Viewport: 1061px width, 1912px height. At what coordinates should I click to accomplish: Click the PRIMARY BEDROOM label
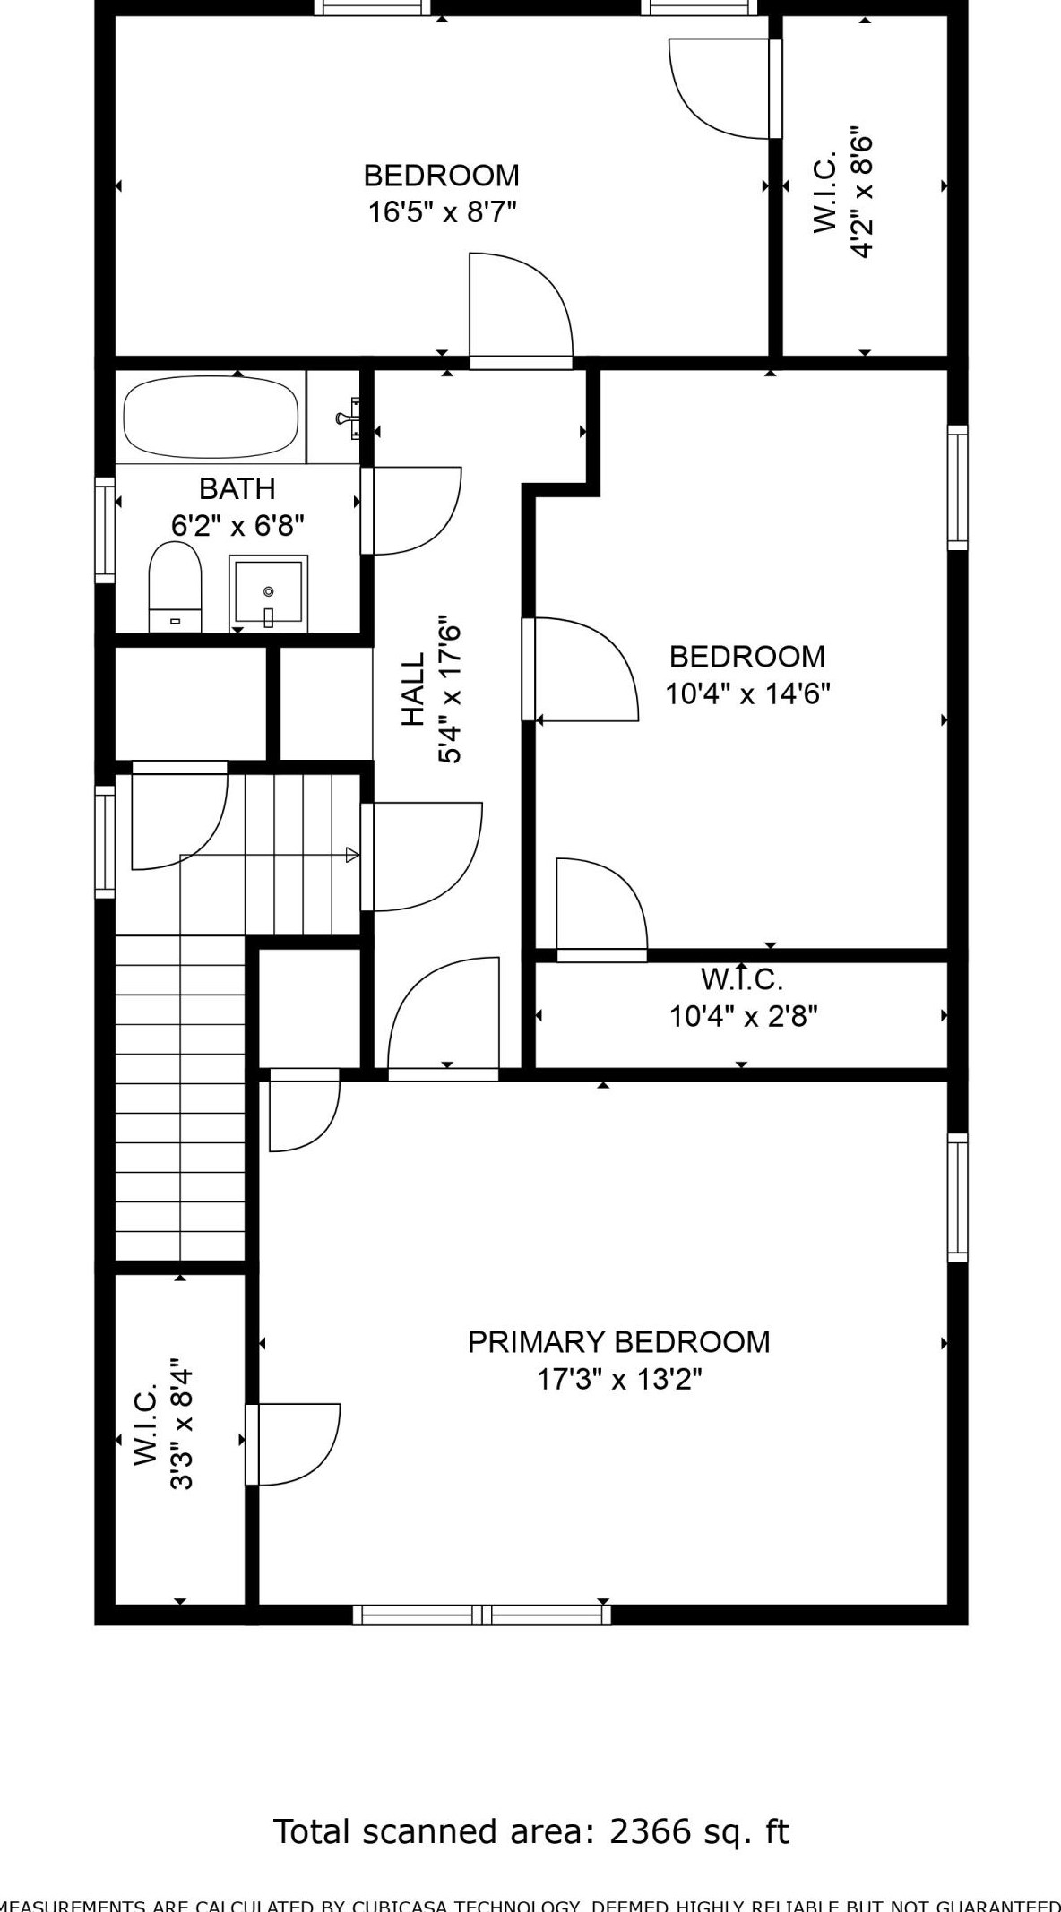[x=618, y=1341]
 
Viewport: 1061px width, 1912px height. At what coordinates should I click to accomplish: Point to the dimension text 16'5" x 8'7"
[x=442, y=212]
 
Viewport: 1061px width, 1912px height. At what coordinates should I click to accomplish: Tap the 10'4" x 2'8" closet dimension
[x=743, y=1016]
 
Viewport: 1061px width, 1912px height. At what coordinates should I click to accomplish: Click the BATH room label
[x=237, y=488]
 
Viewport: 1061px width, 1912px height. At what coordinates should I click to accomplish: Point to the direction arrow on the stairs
[x=352, y=855]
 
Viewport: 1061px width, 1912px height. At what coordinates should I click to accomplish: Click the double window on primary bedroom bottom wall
[x=481, y=1615]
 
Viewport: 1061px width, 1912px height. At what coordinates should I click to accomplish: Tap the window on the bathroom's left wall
[x=105, y=530]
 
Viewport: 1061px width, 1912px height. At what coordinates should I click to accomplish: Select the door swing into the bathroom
[x=412, y=511]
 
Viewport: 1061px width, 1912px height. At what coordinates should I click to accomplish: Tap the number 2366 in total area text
[x=651, y=1831]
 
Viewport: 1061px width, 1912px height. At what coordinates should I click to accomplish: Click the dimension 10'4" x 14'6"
[x=747, y=693]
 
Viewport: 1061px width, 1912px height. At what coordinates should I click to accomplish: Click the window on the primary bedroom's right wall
[x=957, y=1196]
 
